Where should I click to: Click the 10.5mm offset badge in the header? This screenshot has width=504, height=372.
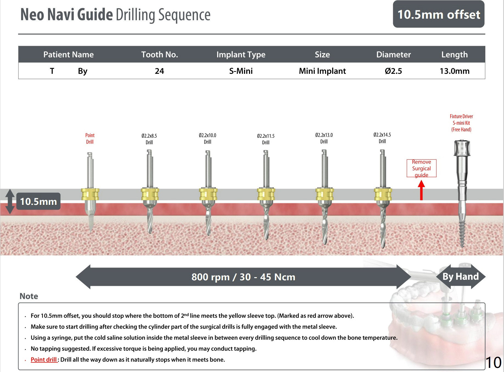tap(438, 14)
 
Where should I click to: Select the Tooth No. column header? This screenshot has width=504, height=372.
tap(159, 54)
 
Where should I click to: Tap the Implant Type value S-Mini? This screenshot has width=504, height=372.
tap(241, 71)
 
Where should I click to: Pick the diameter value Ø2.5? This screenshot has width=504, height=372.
tap(393, 71)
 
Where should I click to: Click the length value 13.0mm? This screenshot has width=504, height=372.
tap(454, 71)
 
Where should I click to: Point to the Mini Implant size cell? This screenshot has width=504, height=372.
tap(322, 71)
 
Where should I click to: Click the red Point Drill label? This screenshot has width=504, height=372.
tap(90, 139)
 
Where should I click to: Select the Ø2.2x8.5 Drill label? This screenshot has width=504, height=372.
tap(149, 139)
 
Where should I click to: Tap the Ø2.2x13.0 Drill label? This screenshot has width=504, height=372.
tap(324, 138)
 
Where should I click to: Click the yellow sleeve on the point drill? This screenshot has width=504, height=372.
tap(90, 194)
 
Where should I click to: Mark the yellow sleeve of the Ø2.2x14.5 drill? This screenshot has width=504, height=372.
tap(383, 194)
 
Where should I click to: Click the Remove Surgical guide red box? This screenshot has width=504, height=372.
tap(421, 168)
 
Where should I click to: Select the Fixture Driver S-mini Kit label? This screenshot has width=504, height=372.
tap(461, 123)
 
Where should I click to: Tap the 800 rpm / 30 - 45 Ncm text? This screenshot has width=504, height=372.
tap(243, 277)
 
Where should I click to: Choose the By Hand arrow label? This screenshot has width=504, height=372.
tap(460, 276)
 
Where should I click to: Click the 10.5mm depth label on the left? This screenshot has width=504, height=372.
tap(38, 201)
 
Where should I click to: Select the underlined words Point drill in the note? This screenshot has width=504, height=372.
tap(44, 360)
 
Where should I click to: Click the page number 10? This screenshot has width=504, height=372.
tap(493, 363)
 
